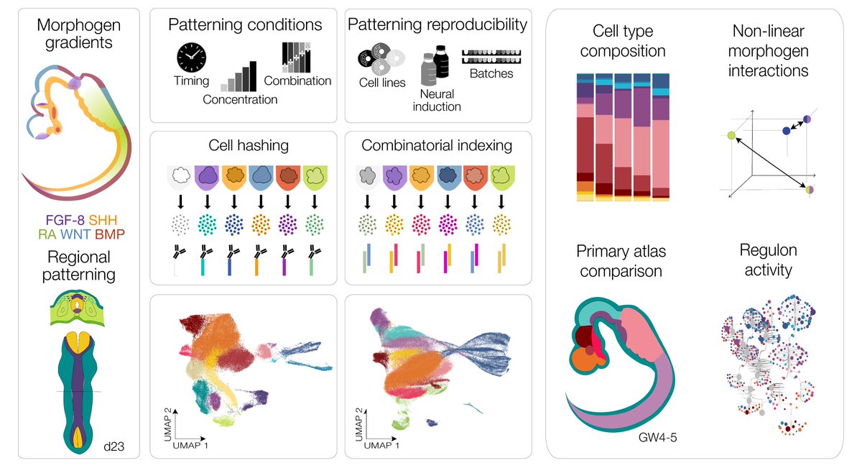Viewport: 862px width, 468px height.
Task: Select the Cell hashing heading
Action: (244, 145)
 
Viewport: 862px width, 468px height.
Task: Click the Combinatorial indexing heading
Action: (437, 145)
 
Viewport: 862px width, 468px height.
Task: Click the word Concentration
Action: (240, 100)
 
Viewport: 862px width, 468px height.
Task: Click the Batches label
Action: (493, 73)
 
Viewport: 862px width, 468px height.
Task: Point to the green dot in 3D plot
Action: (731, 134)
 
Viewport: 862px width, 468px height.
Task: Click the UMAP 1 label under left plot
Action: (197, 446)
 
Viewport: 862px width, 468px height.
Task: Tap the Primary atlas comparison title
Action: (619, 260)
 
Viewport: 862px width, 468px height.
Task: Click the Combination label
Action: (297, 81)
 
